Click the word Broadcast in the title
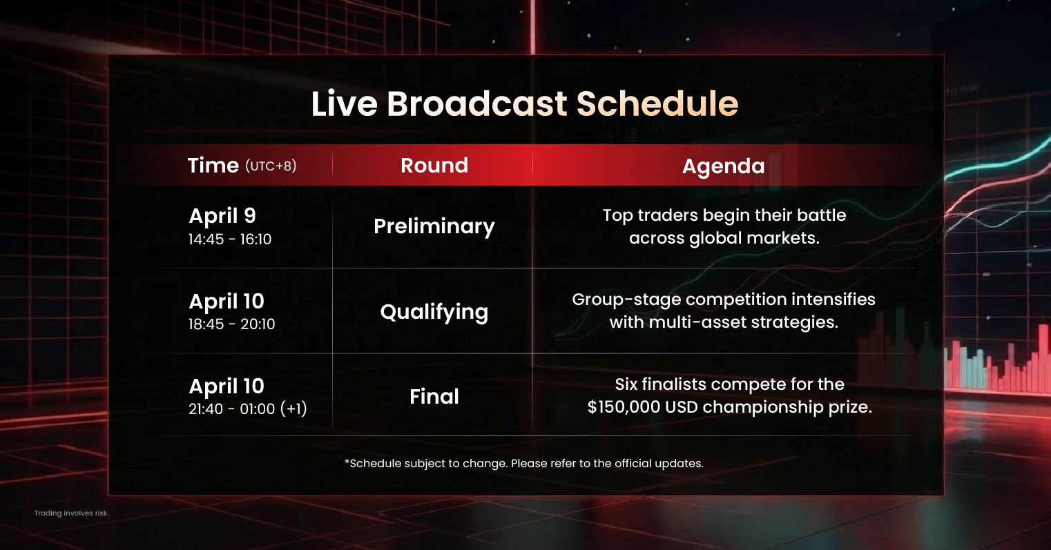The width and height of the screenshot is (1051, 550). tap(477, 104)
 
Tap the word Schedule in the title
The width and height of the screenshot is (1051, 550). tap(657, 104)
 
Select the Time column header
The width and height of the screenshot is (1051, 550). tap(213, 166)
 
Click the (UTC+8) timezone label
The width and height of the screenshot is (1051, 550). tap(271, 166)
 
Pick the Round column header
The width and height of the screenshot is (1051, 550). tap(434, 166)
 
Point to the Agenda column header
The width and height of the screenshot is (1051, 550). tap(723, 166)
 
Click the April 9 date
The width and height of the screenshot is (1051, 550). tap(222, 216)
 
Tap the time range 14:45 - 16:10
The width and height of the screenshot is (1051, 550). tap(230, 239)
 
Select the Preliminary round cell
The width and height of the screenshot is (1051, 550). tap(434, 226)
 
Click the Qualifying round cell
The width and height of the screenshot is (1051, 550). tap(434, 312)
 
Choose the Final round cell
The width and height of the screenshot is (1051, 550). tap(434, 397)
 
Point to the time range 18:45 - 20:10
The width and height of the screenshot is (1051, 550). tap(231, 324)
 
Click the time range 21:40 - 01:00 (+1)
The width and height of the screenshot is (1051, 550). tap(247, 409)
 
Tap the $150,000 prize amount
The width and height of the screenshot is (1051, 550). tap(624, 407)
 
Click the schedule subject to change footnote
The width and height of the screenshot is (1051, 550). tap(524, 464)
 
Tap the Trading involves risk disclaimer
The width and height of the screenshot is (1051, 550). tap(72, 513)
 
